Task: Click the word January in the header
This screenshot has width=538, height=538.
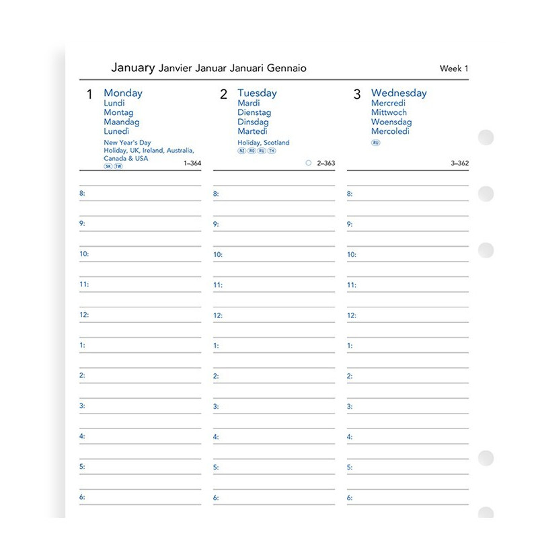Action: [x=132, y=67]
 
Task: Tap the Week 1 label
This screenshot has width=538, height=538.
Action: [x=454, y=68]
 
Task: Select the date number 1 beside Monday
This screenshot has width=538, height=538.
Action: [x=89, y=95]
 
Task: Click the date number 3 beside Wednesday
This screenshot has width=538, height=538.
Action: [x=357, y=95]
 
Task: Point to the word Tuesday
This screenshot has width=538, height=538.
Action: [x=257, y=93]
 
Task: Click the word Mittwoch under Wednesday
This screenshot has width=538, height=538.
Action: [x=389, y=113]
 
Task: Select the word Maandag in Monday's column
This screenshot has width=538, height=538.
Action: [x=122, y=122]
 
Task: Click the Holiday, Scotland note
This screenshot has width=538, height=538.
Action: [x=264, y=143]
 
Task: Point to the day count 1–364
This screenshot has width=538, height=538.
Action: [x=192, y=163]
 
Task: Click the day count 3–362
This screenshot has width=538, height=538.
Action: [x=460, y=163]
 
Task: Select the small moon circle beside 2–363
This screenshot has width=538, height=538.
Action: [x=309, y=163]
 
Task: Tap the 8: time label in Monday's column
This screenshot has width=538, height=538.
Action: [x=83, y=194]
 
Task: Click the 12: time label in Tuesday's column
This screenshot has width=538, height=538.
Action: [x=218, y=315]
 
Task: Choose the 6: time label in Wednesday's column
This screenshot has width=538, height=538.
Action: [x=350, y=498]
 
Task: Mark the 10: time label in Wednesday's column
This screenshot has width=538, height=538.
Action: [x=352, y=255]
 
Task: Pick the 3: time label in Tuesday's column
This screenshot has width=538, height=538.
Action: [x=216, y=406]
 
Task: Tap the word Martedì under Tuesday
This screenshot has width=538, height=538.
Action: [x=253, y=132]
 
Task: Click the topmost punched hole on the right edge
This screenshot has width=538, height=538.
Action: [x=486, y=138]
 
